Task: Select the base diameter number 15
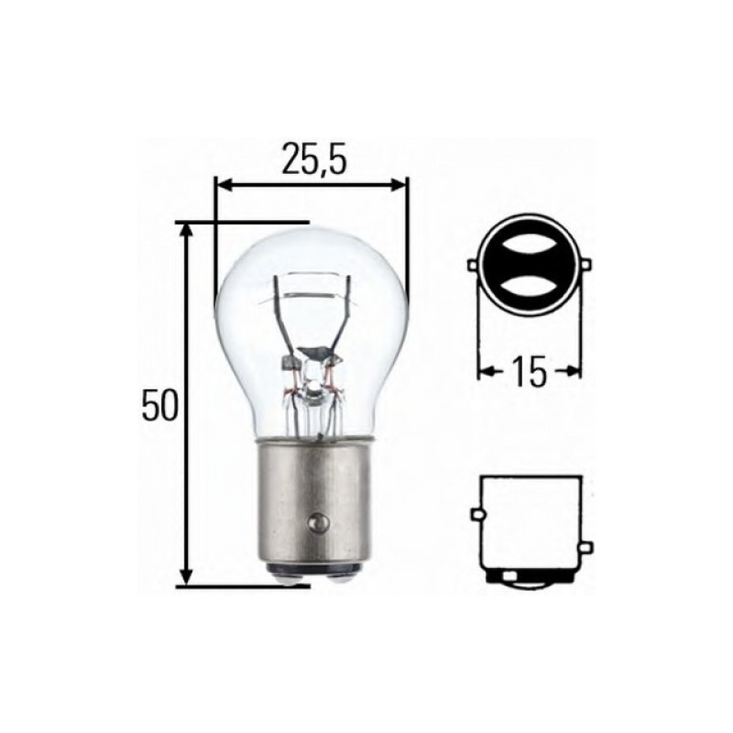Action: tap(529, 372)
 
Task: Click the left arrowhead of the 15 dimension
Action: tap(485, 372)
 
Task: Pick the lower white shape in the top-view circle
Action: tap(530, 284)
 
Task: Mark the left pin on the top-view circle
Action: tap(472, 266)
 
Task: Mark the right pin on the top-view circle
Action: tap(587, 266)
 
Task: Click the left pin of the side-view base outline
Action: tap(476, 516)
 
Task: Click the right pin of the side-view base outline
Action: tap(587, 548)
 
